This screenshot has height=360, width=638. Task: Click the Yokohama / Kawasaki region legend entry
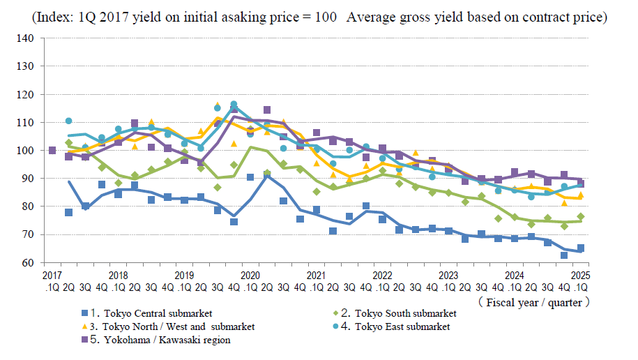point(160,340)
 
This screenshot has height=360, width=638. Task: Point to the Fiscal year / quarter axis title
point(535,302)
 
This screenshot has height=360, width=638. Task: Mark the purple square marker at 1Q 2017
point(52,150)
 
